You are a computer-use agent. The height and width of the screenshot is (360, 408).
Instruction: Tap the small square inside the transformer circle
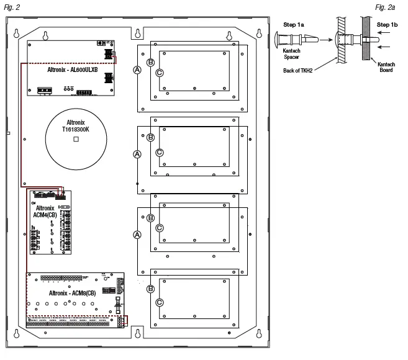coord(76,141)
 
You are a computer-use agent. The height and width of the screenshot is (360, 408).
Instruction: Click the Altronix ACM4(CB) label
coord(45,212)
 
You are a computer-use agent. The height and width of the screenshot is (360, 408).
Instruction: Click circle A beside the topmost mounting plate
coord(137,71)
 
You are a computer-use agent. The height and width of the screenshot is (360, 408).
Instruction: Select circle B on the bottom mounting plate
coord(150,289)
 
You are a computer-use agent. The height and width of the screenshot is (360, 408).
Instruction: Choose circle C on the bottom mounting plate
coord(160,302)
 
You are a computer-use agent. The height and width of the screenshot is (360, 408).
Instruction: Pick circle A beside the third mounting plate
coord(137,234)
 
